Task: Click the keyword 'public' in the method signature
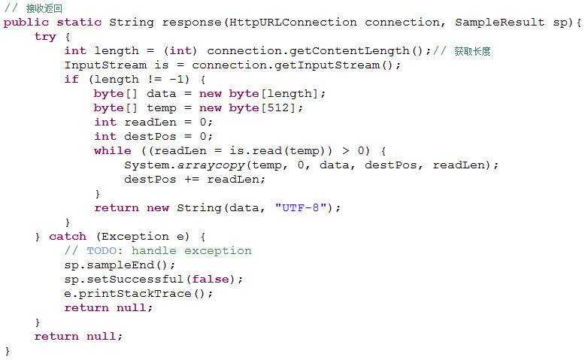click(x=26, y=23)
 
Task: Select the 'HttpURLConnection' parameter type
click(x=293, y=23)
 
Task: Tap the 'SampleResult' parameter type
click(x=499, y=23)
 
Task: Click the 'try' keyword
click(x=45, y=37)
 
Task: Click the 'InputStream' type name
click(x=105, y=65)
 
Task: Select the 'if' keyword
click(x=71, y=80)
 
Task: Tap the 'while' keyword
click(x=113, y=151)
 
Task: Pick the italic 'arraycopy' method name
click(x=211, y=165)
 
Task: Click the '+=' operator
click(x=192, y=180)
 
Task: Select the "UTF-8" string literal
click(x=300, y=207)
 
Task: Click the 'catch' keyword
click(x=68, y=237)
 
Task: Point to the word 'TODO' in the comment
click(x=102, y=251)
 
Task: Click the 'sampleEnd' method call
click(x=120, y=265)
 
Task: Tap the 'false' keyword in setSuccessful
click(x=211, y=280)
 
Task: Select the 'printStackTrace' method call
click(x=135, y=294)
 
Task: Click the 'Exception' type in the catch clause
click(x=135, y=237)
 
